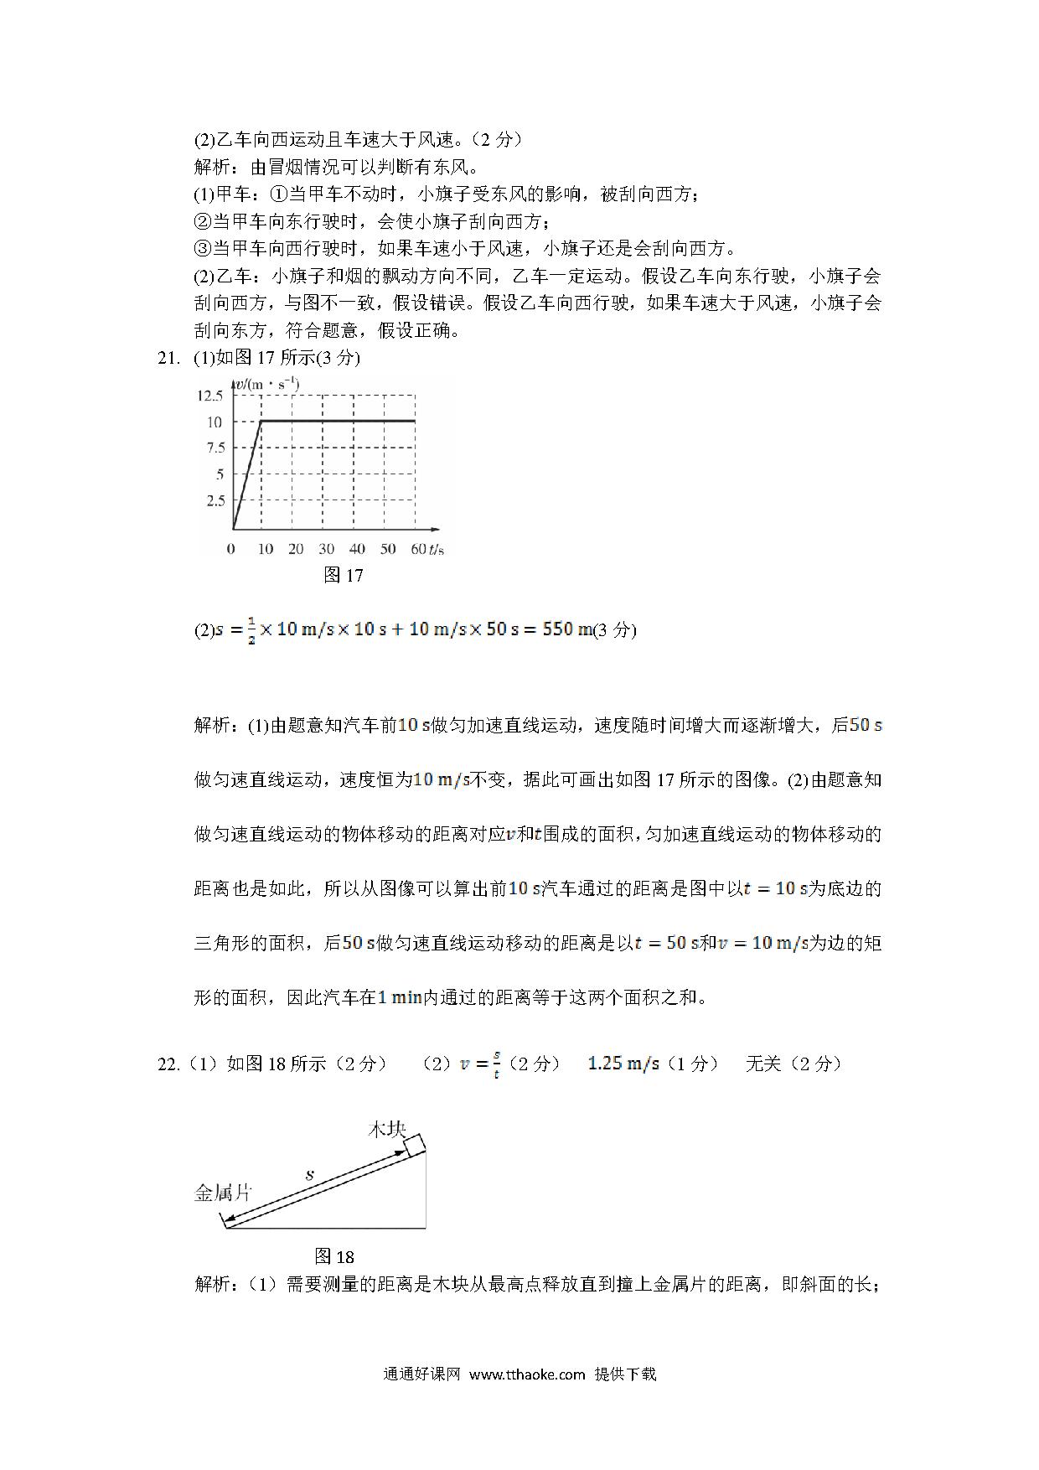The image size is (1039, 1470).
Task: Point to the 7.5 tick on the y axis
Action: [x=215, y=448]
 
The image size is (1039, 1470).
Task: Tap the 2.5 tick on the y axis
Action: [x=215, y=500]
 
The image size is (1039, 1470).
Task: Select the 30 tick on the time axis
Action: [x=326, y=549]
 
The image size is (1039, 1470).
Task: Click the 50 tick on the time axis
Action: [x=388, y=549]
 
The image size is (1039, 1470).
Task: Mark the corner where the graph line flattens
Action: [x=262, y=421]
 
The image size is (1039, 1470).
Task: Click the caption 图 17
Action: [x=343, y=575]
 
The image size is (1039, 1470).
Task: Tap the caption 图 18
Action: [x=334, y=1256]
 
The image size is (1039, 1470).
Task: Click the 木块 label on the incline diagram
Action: [x=388, y=1129]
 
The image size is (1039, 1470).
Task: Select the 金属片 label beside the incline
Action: [x=223, y=1192]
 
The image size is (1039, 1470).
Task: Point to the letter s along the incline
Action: [x=309, y=1175]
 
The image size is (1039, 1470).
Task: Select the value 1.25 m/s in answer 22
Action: [x=623, y=1063]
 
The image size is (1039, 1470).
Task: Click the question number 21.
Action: [x=168, y=358]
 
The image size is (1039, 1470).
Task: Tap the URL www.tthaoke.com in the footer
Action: [x=526, y=1374]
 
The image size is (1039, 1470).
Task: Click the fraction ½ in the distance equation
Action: [x=249, y=630]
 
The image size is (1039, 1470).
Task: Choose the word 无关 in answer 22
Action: [x=762, y=1064]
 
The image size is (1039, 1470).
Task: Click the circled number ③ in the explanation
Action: [x=202, y=249]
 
